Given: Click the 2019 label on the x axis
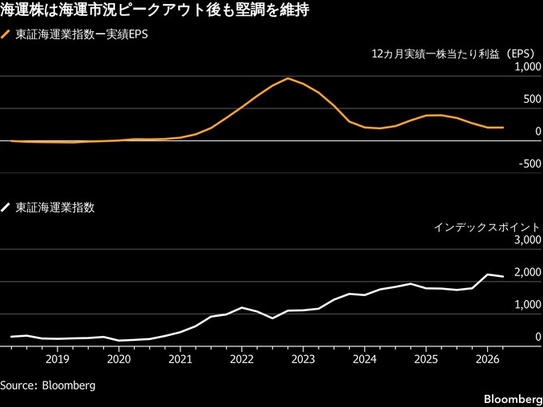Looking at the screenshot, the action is click(x=57, y=360).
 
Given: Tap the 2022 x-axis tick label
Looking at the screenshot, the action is click(x=242, y=360).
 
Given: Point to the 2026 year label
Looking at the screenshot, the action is click(x=487, y=360).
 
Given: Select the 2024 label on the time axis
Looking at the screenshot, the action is click(x=364, y=360).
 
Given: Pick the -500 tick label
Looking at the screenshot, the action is click(x=529, y=164).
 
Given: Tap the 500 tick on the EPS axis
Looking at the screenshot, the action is click(x=533, y=99).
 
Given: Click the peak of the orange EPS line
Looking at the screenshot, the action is click(x=287, y=78).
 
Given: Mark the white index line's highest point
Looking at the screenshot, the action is click(x=487, y=275).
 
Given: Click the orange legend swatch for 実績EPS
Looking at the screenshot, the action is click(x=6, y=35).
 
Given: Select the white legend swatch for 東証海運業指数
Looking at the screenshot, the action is click(x=6, y=207).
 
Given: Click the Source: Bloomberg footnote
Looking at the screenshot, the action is click(x=48, y=385).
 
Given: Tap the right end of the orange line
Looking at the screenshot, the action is click(x=503, y=128).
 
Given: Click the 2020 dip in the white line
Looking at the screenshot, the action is click(x=119, y=341).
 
